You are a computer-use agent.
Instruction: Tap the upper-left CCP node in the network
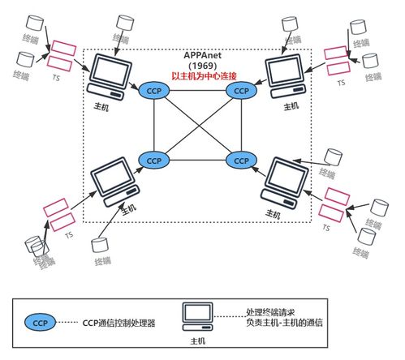click(x=153, y=90)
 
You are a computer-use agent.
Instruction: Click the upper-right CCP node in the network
click(x=241, y=91)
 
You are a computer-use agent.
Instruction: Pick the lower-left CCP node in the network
click(x=153, y=161)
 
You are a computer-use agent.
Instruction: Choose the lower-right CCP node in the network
click(x=241, y=161)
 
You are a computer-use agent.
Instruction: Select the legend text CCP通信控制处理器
click(x=119, y=323)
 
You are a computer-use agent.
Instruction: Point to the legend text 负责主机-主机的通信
click(x=284, y=323)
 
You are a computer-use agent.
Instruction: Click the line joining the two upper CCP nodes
click(x=197, y=91)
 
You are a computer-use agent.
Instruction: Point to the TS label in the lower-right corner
click(x=327, y=229)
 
